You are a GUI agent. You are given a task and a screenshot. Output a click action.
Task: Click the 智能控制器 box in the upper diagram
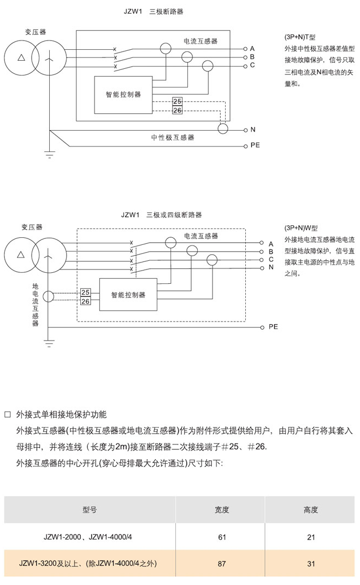(x=123, y=95)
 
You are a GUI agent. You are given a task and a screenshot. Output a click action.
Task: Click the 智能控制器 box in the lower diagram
(x=128, y=295)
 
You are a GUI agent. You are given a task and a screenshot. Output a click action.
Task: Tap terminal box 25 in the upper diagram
(x=178, y=102)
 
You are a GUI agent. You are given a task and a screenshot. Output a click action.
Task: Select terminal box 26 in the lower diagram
(x=85, y=301)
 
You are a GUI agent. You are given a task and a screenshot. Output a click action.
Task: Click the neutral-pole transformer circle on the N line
(x=222, y=128)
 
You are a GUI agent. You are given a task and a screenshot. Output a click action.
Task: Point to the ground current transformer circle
(x=49, y=297)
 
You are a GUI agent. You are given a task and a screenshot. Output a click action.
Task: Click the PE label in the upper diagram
(x=255, y=145)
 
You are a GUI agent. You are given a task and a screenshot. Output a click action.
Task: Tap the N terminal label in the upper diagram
(x=253, y=130)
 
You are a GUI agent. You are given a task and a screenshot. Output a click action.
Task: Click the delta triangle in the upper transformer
(x=21, y=57)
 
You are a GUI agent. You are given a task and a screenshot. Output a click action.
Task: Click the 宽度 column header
(x=222, y=510)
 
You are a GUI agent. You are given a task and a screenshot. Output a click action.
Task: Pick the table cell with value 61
(x=222, y=537)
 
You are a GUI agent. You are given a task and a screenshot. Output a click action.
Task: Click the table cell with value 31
(x=311, y=564)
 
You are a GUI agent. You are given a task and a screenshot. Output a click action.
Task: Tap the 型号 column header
(x=90, y=510)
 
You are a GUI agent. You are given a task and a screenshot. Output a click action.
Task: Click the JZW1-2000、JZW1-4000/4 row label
(x=87, y=537)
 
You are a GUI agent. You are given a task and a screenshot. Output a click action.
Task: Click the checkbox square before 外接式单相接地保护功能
(x=8, y=414)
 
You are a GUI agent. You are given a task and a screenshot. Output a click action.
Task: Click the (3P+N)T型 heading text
(x=300, y=37)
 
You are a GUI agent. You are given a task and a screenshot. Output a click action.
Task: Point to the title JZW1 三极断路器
(x=154, y=11)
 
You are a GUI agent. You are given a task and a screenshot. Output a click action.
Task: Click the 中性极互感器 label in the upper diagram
(x=173, y=138)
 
